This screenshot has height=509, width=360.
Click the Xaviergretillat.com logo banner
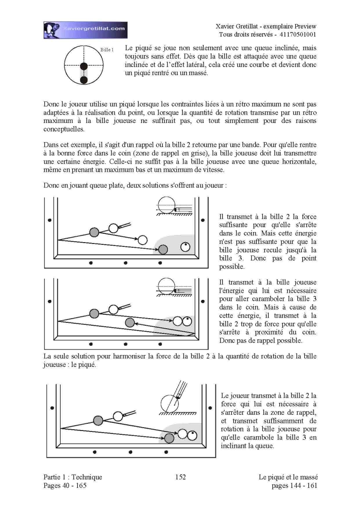[x=85, y=30]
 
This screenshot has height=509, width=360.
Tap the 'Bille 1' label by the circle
[x=107, y=50]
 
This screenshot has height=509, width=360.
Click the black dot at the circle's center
[x=84, y=66]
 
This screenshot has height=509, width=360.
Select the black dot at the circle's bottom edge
[x=84, y=80]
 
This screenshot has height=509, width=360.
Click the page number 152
[x=181, y=477]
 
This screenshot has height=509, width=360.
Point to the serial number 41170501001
[x=298, y=34]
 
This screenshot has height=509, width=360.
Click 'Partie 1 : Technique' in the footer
[x=73, y=477]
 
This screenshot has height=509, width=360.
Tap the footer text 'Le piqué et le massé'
[x=288, y=477]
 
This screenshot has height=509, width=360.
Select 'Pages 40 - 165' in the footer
[x=65, y=485]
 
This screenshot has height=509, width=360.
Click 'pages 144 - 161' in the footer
[x=294, y=486]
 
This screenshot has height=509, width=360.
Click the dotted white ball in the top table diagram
[x=185, y=247]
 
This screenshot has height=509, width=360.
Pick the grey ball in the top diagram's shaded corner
[x=163, y=249]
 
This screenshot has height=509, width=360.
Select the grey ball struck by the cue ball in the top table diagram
[x=94, y=232]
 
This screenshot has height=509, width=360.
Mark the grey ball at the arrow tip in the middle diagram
[x=130, y=322]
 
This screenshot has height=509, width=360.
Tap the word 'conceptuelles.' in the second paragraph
[x=64, y=129]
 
